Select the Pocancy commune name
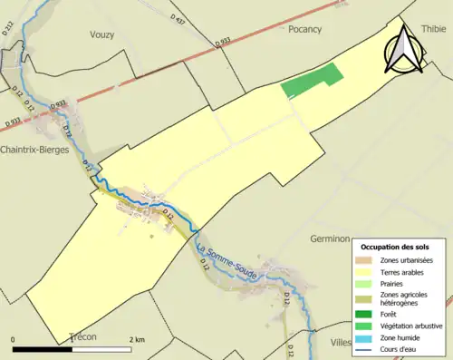(304, 29)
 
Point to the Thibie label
(434, 29)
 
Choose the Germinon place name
(330, 238)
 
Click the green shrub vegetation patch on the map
(313, 80)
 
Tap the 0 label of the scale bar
(14, 339)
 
